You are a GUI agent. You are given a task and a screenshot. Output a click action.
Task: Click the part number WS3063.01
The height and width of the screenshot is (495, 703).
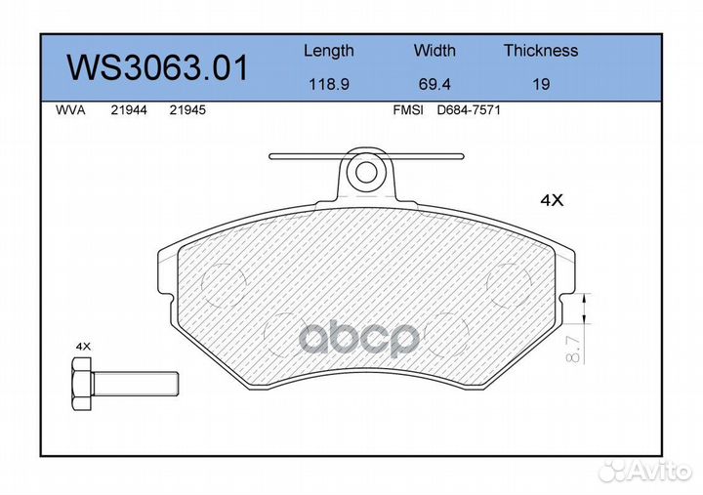click(x=157, y=67)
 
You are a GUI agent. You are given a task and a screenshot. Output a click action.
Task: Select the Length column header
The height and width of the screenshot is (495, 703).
click(x=328, y=51)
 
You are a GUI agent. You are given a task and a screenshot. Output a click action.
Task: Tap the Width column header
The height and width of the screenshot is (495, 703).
click(x=434, y=51)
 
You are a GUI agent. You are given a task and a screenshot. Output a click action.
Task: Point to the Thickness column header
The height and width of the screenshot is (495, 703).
click(x=540, y=51)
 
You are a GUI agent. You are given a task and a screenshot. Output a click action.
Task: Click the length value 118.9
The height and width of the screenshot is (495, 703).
click(x=328, y=84)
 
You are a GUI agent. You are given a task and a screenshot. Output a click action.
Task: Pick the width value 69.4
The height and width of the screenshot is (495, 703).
click(x=434, y=84)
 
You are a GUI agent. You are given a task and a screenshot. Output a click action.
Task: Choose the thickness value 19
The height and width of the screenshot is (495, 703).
click(x=540, y=84)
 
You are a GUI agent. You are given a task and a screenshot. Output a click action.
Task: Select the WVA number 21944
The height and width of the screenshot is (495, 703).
click(x=129, y=110)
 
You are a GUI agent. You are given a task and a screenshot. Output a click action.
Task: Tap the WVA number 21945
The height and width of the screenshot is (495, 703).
click(x=186, y=110)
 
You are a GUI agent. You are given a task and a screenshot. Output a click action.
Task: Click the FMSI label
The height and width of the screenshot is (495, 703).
click(x=407, y=110)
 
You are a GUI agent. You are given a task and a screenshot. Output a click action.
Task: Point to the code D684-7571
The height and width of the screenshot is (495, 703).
click(x=468, y=110)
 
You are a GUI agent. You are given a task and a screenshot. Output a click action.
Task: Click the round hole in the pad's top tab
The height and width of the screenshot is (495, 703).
click(x=367, y=173)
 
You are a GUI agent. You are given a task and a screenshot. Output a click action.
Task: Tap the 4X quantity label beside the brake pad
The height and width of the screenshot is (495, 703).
click(x=553, y=200)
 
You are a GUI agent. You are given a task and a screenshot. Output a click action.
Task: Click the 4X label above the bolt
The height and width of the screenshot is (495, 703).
click(x=83, y=347)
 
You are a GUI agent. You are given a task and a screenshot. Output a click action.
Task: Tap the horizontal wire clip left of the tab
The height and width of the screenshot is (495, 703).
click(x=303, y=155)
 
